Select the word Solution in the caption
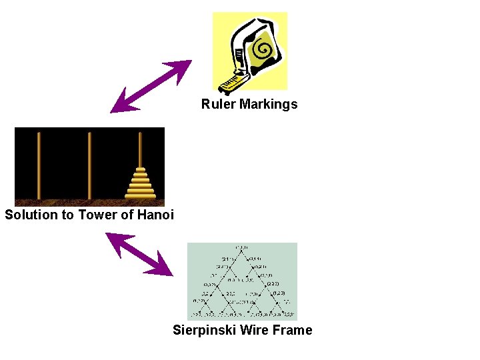[x=31, y=215]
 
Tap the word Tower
[x=97, y=215]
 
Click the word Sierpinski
[x=205, y=330]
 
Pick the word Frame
[x=294, y=330]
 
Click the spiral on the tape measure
[x=261, y=49]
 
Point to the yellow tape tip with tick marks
[x=230, y=84]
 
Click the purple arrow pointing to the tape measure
[x=151, y=86]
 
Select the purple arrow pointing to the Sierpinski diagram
[x=139, y=254]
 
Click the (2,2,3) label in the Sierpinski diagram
[x=273, y=285]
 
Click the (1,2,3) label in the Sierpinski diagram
[x=279, y=293]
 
